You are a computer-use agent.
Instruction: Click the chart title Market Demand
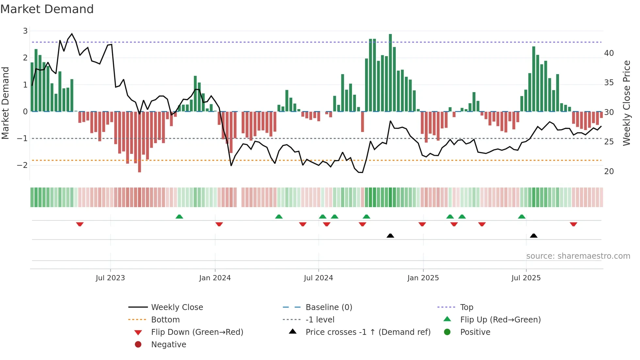(47, 9)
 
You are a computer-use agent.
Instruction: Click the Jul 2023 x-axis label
(110, 278)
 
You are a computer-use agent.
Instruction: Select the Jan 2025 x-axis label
(423, 278)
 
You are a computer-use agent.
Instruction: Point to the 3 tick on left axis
(25, 31)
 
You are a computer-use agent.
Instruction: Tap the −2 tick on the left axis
(23, 165)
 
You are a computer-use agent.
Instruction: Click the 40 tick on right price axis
(609, 53)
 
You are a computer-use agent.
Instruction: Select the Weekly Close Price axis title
(626, 103)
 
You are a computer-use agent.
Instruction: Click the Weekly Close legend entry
(177, 307)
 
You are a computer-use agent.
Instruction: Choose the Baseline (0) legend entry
(328, 307)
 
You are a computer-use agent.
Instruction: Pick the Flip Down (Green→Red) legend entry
(197, 332)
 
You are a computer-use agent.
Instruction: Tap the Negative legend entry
(168, 345)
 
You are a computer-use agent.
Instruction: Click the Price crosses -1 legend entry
(368, 332)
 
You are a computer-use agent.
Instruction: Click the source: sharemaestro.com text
(578, 256)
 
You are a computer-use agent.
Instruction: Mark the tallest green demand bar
(390, 73)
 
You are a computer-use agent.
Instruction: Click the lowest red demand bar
(139, 142)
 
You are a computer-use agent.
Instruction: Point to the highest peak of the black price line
(72, 34)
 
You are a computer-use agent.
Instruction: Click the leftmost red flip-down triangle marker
(80, 224)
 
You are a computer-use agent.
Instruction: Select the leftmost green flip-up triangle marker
(179, 217)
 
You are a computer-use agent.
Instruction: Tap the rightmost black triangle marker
(534, 236)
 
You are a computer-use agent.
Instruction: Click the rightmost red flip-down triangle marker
(573, 224)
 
